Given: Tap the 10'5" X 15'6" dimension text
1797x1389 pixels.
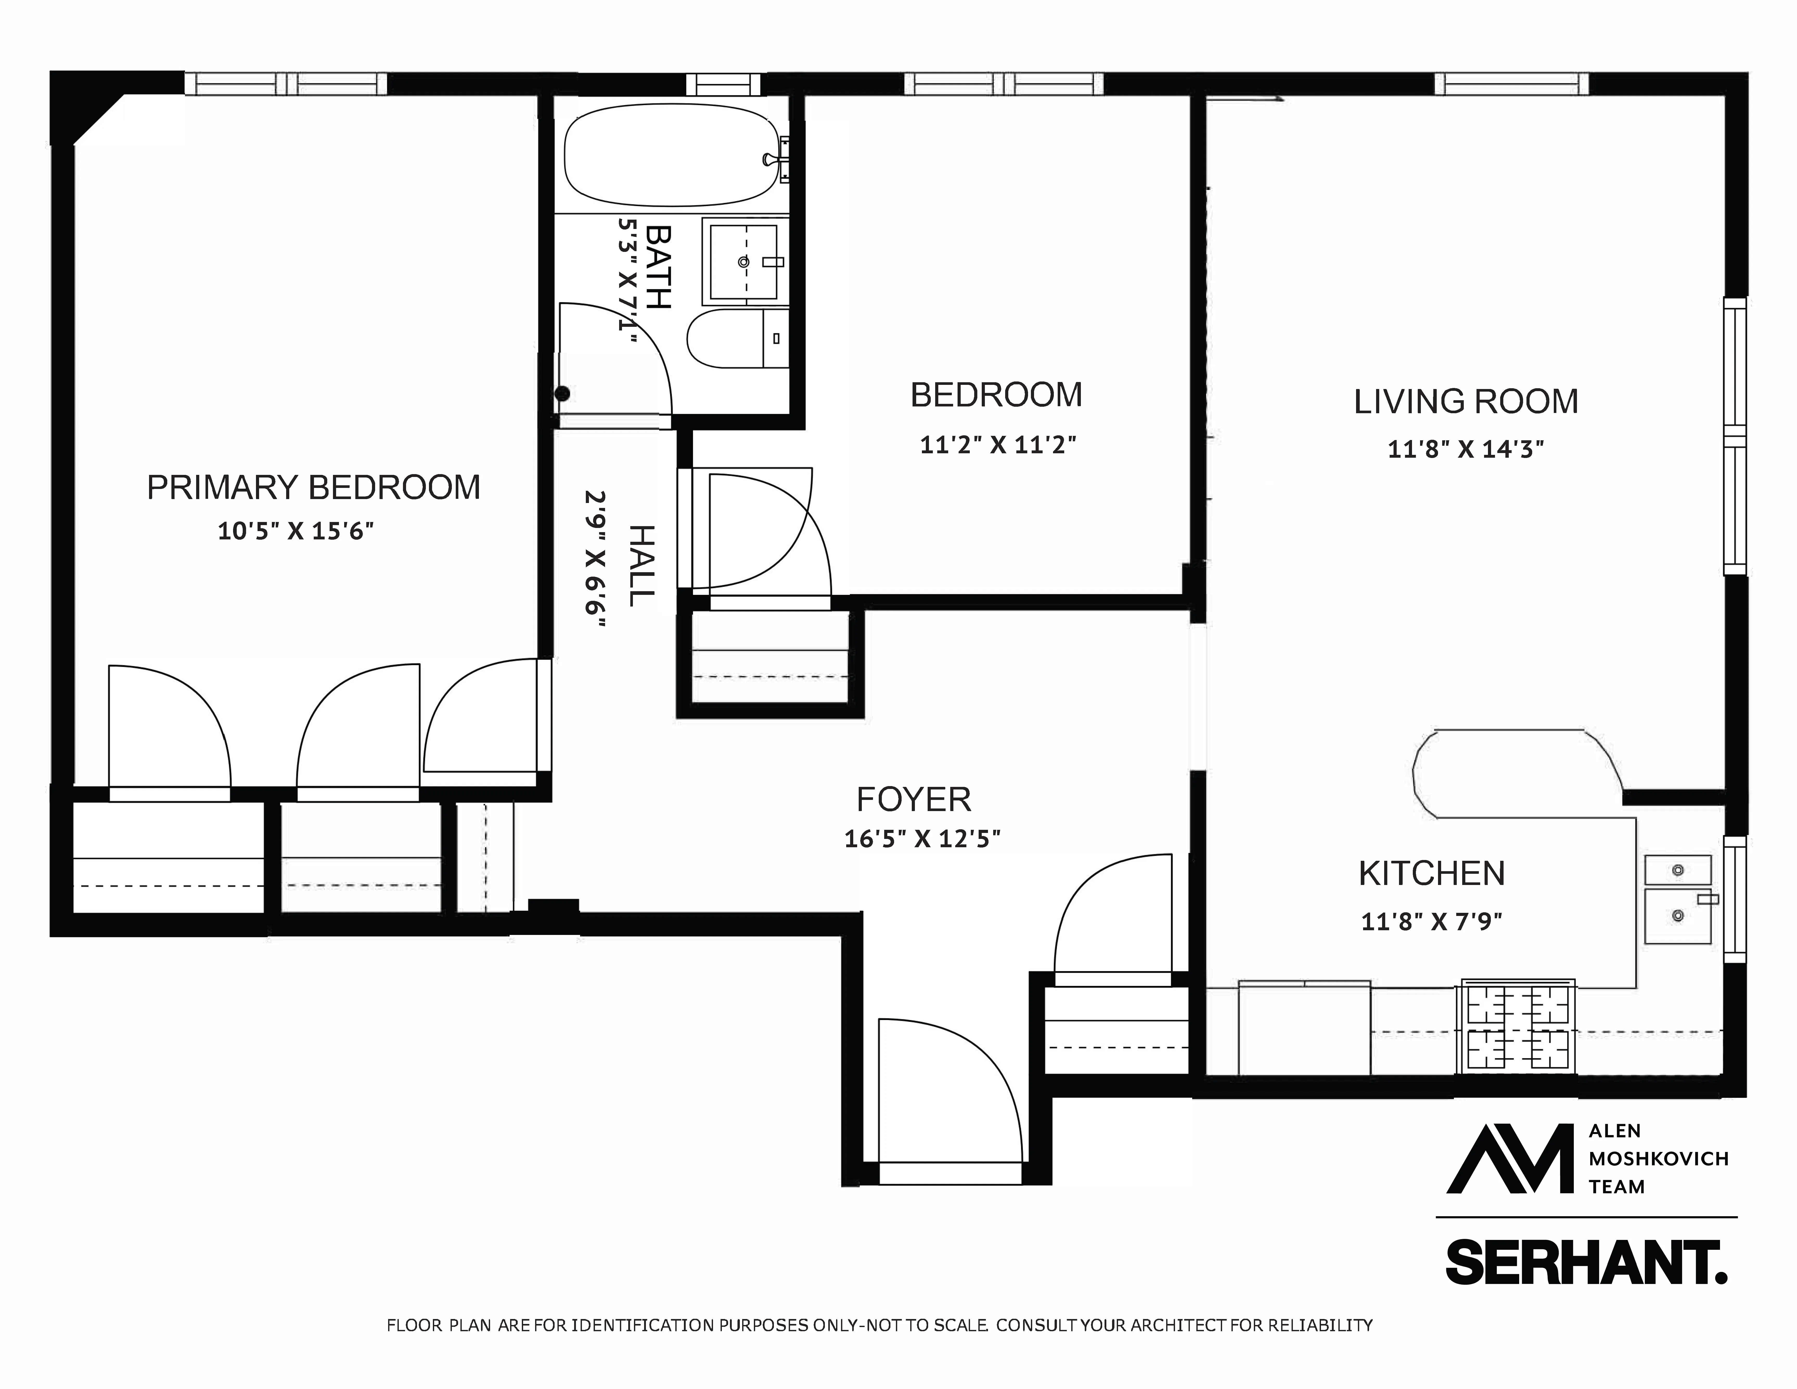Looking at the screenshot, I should coord(296,532).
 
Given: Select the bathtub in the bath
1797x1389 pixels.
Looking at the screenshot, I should coord(671,155).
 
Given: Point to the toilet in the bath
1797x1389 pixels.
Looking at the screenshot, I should coord(736,338).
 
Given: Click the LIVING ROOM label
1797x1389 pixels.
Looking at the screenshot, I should coord(1465,402).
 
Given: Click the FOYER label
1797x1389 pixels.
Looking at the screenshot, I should coord(913,799).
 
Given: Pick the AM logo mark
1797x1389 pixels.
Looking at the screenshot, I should coord(1511,1159).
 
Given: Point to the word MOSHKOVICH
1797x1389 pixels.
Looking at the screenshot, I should coord(1658,1159).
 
